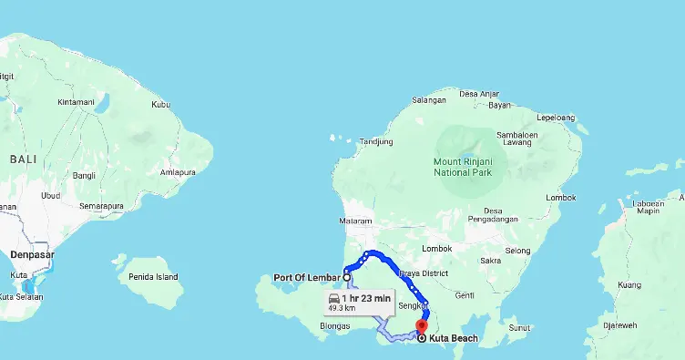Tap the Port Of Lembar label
pyautogui.click(x=307, y=278)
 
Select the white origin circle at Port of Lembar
pyautogui.click(x=347, y=277)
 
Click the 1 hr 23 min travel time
pyautogui.click(x=366, y=298)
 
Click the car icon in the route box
pyautogui.click(x=334, y=298)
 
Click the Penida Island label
pyautogui.click(x=153, y=275)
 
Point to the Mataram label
pyautogui.click(x=355, y=221)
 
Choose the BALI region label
pyautogui.click(x=24, y=159)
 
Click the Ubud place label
pyautogui.click(x=51, y=195)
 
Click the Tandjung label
pyautogui.click(x=375, y=141)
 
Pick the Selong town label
pyautogui.click(x=517, y=251)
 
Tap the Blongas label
pyautogui.click(x=335, y=325)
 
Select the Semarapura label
pyautogui.click(x=100, y=206)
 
